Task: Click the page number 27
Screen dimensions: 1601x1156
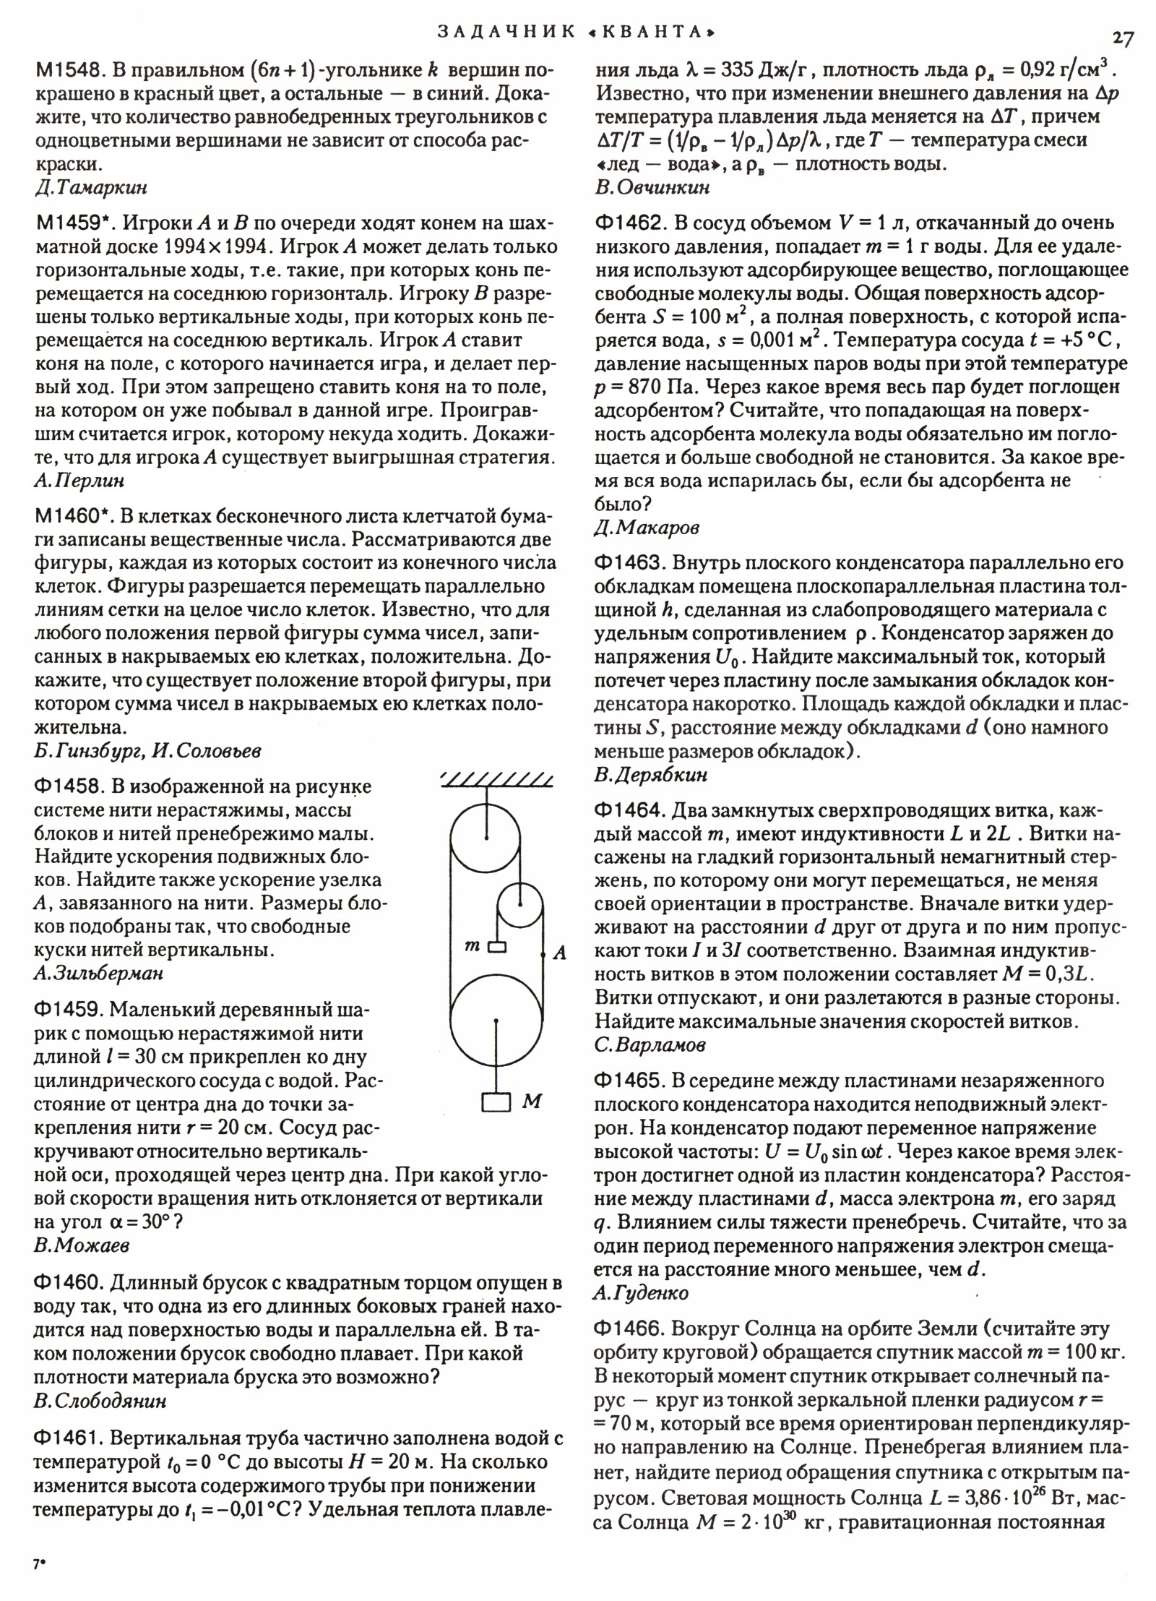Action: (x=1122, y=38)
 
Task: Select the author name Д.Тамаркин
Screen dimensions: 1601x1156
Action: (x=91, y=187)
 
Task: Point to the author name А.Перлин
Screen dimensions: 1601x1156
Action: (x=79, y=480)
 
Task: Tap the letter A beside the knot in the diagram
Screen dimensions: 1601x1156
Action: (x=559, y=953)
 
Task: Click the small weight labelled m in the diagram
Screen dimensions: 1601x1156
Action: (x=496, y=946)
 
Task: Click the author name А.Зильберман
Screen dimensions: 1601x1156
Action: (x=98, y=972)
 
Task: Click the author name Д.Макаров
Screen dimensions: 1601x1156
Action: (x=646, y=528)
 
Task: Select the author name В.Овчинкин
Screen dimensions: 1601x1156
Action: (x=652, y=187)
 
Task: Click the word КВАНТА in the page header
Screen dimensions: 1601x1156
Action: (x=661, y=32)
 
